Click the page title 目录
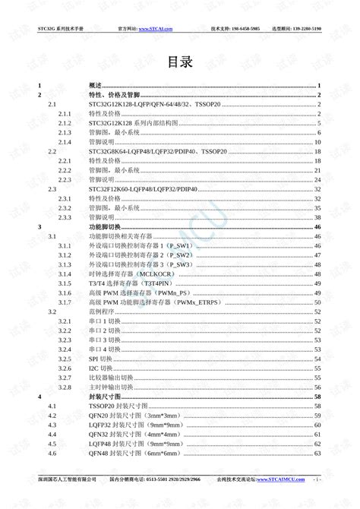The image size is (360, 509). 180,62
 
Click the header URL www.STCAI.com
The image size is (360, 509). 166,27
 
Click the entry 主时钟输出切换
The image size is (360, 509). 110,387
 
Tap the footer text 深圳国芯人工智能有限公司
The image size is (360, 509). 68,480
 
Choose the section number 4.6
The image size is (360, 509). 52,454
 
